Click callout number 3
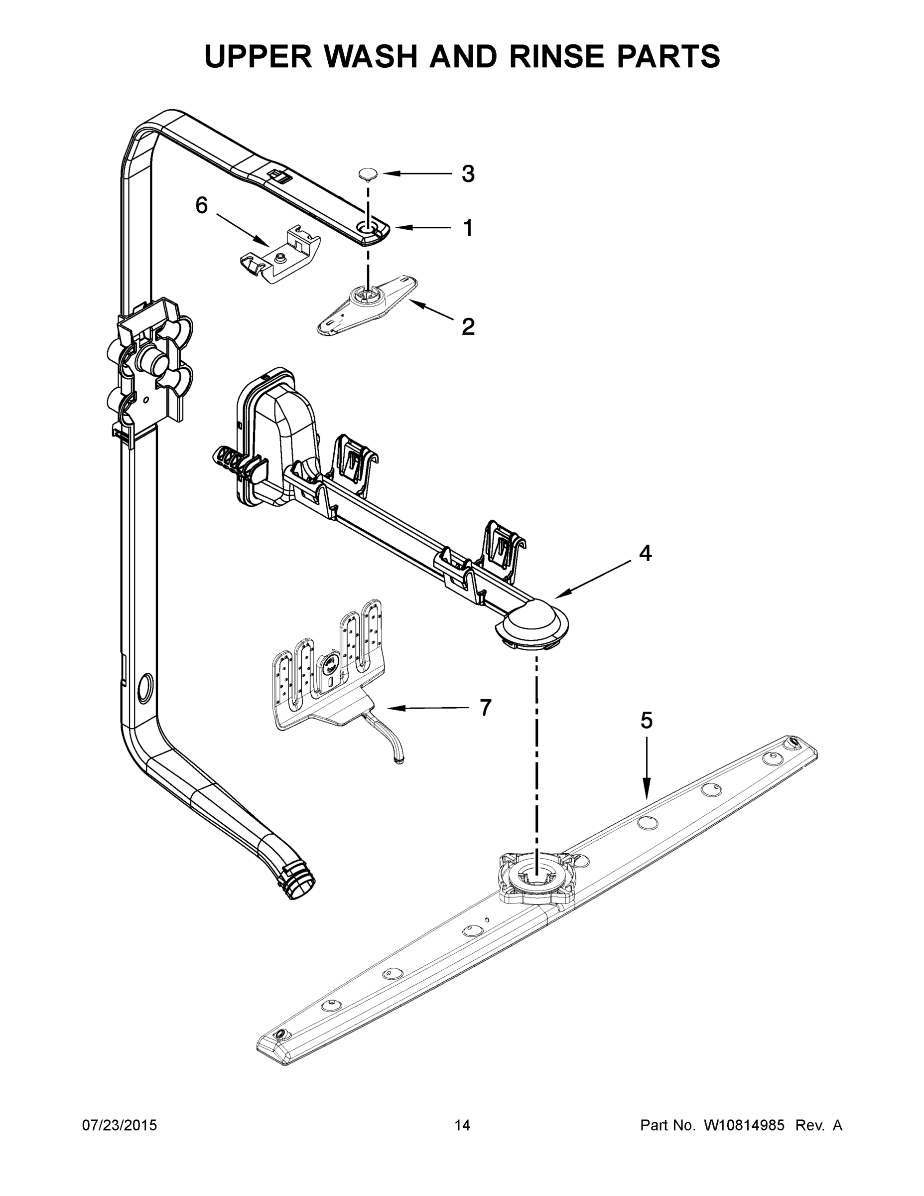coord(467,174)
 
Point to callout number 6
coord(201,206)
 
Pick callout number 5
coord(647,721)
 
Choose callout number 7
coord(486,708)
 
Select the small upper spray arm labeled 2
coord(367,304)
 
